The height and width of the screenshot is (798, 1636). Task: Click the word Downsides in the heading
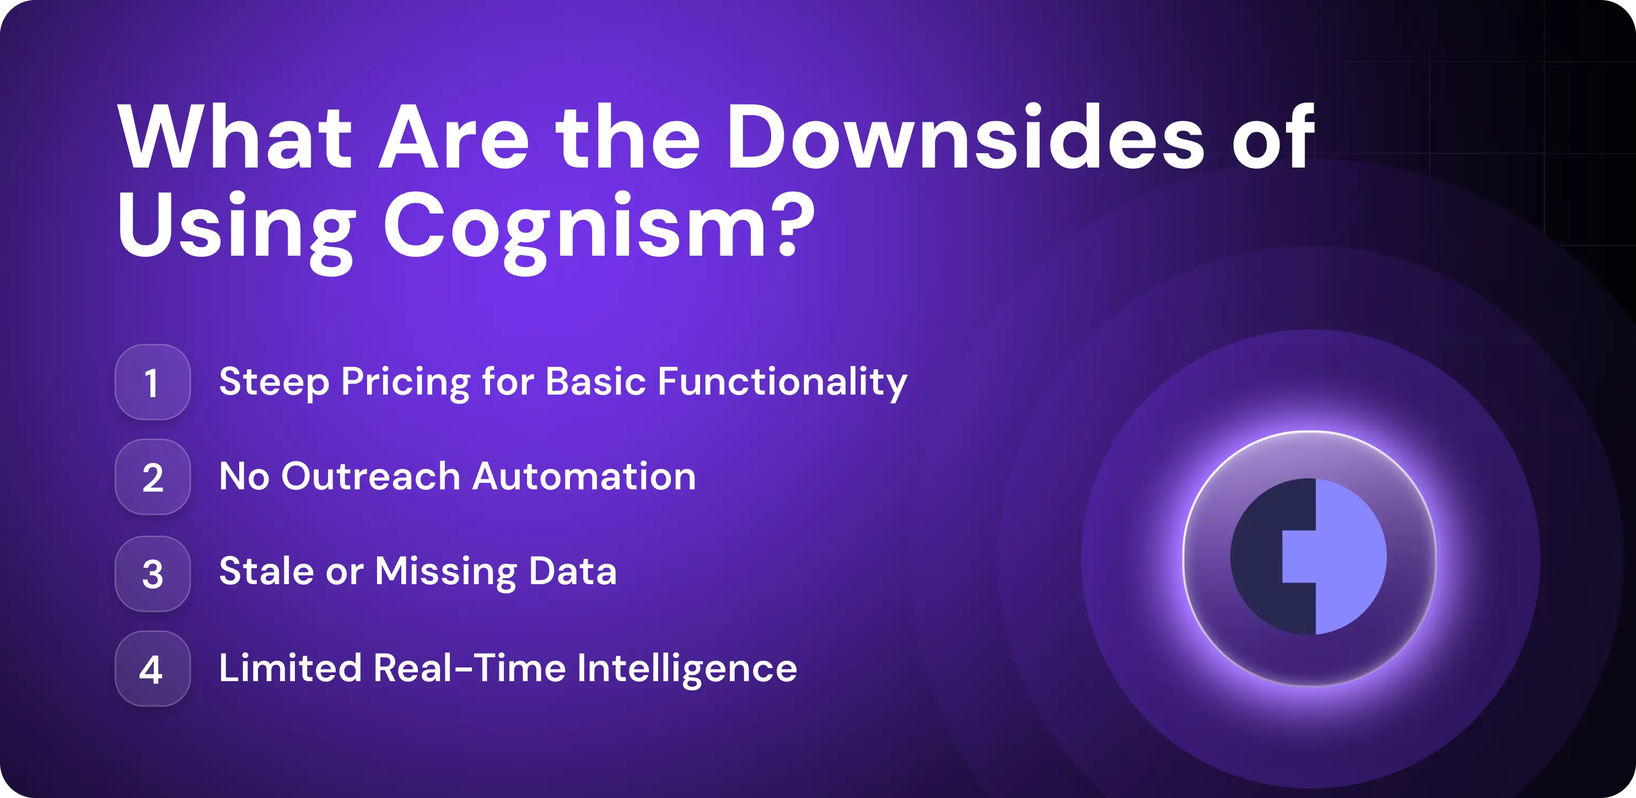click(965, 136)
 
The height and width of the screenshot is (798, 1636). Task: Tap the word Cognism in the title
click(576, 231)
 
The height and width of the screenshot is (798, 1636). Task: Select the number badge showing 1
click(153, 382)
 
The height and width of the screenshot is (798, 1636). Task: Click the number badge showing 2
click(153, 477)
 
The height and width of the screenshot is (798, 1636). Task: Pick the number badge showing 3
click(153, 573)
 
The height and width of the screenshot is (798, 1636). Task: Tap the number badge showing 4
click(153, 668)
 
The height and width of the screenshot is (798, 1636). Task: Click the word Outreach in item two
click(371, 477)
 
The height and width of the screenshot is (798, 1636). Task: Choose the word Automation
click(584, 477)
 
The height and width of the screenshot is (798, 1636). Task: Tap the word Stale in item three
click(266, 571)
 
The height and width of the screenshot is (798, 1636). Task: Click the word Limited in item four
click(290, 668)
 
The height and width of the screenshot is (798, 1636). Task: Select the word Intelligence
click(687, 669)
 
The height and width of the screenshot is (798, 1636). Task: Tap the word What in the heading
click(235, 136)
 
